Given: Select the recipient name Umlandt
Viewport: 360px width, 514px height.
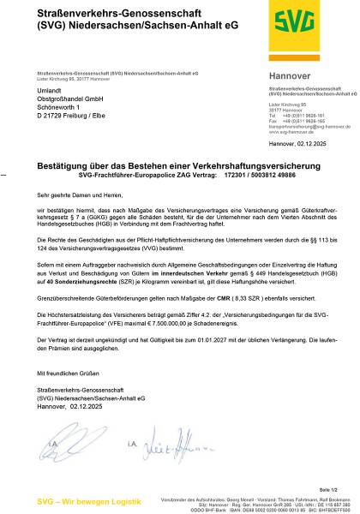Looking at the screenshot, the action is [53, 90].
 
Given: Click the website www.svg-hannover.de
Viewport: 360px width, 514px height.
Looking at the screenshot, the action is [291, 133].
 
